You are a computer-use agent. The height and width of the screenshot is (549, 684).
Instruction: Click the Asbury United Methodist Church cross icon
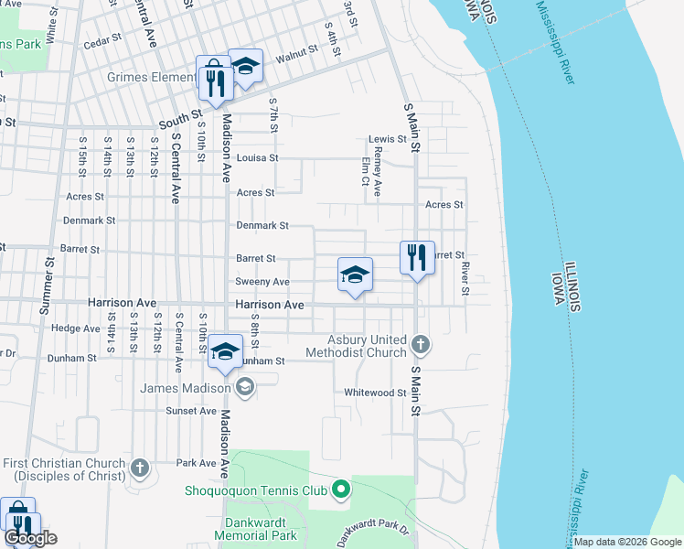420,345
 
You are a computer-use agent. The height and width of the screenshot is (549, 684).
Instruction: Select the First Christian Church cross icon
140,468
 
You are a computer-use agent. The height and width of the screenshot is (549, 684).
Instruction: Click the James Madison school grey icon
244,389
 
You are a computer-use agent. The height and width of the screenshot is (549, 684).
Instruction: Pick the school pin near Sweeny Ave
355,274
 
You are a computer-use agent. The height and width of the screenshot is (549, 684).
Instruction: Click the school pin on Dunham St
225,352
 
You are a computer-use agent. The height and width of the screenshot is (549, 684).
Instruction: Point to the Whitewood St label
375,393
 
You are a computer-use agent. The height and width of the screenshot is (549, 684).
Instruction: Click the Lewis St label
387,139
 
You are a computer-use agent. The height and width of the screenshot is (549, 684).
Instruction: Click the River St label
465,279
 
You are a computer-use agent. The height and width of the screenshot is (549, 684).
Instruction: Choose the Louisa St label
257,157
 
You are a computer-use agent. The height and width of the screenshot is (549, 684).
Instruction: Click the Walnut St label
295,56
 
